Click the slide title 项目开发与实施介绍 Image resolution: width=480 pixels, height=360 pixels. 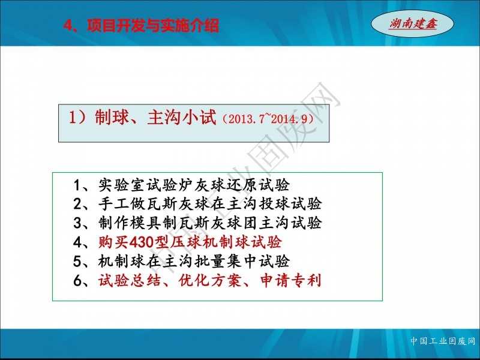click(153, 26)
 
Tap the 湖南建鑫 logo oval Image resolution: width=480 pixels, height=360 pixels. click(412, 23)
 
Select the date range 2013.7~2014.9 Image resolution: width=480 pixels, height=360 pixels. click(267, 119)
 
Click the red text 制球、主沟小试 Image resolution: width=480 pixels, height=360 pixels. click(155, 117)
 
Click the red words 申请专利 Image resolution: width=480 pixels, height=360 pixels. click(290, 280)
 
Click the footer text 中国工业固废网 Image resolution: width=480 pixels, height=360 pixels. click(443, 341)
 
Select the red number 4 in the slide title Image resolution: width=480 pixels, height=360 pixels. click(67, 26)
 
